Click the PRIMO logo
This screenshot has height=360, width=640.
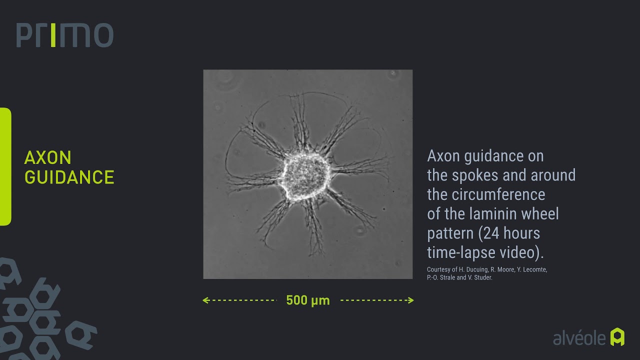(x=64, y=35)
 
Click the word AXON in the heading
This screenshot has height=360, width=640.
(x=48, y=158)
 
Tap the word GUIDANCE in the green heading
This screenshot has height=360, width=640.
(x=69, y=177)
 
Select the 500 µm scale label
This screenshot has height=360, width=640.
(x=308, y=300)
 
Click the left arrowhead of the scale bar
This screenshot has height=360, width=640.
(x=205, y=300)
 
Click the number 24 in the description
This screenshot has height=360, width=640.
(x=492, y=233)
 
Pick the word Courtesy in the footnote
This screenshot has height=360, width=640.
(x=438, y=269)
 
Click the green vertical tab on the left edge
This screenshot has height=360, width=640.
(x=5, y=166)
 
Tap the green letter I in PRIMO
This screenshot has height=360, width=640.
(x=53, y=35)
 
